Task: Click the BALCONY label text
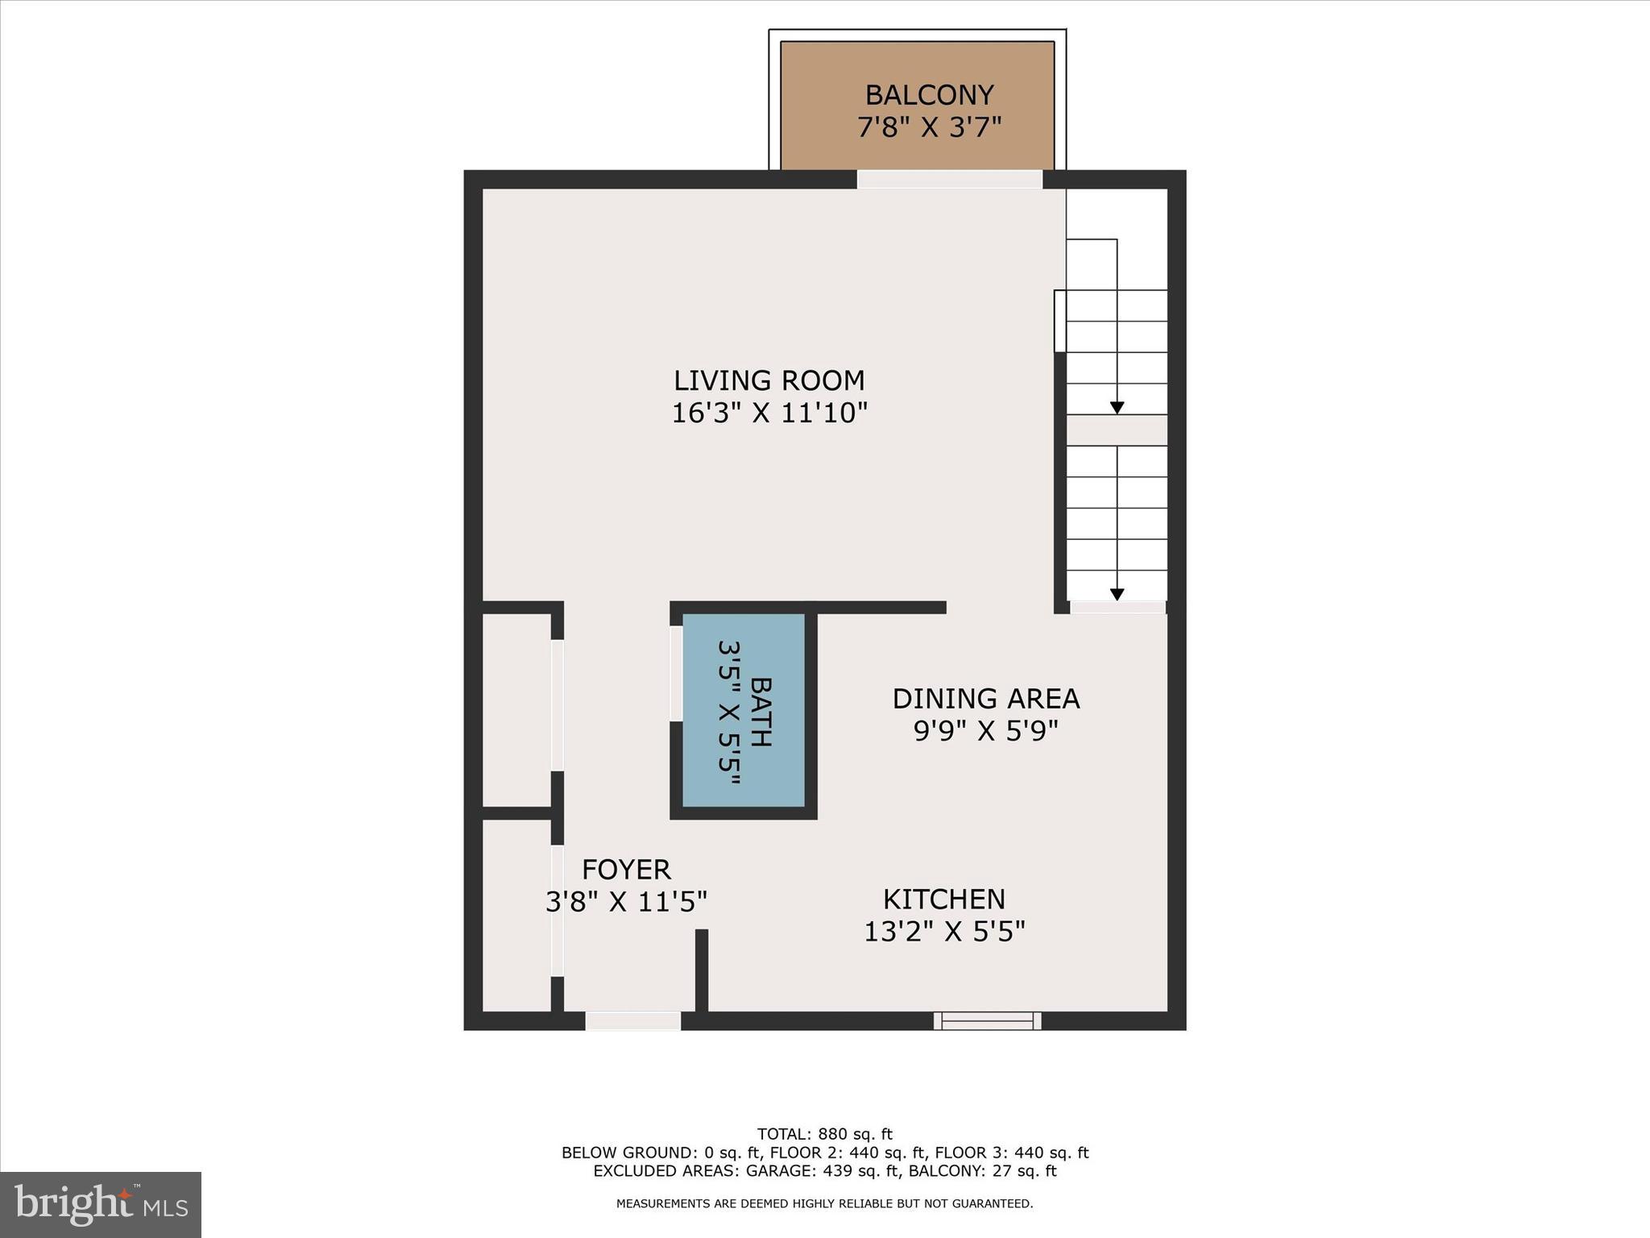(929, 95)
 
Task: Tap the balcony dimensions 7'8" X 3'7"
(929, 127)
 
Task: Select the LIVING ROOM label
(769, 380)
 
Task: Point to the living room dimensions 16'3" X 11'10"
(769, 413)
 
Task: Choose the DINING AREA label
(985, 698)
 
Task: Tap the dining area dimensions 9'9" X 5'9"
(985, 730)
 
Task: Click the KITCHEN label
(943, 899)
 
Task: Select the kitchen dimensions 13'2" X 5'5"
(944, 932)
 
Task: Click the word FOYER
(626, 870)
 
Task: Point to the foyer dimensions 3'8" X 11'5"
(626, 902)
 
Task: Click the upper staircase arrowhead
(1117, 408)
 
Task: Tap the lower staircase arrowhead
(1117, 595)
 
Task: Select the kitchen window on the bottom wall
(987, 1021)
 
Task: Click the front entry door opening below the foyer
(632, 1021)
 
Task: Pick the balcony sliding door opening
(949, 179)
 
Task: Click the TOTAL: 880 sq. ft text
(824, 1135)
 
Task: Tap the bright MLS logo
(101, 1204)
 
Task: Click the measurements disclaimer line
(824, 1204)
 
